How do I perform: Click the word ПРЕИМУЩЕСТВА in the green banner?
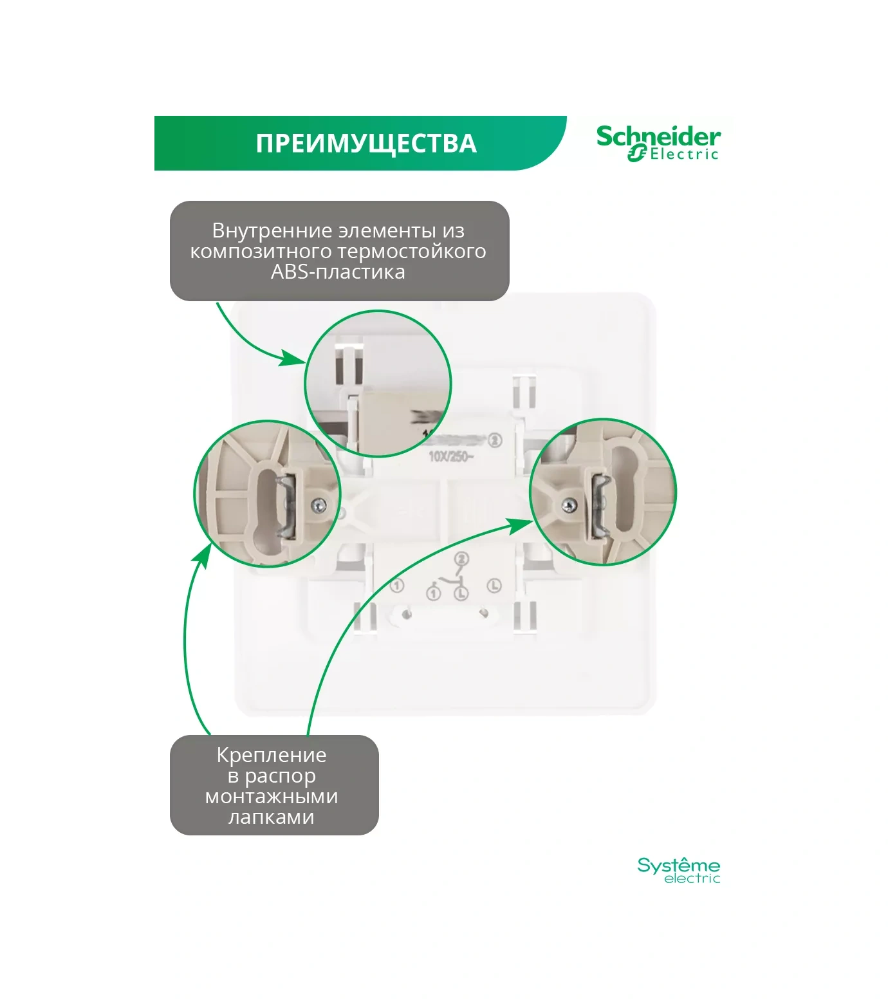tap(366, 144)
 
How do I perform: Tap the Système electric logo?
tap(678, 870)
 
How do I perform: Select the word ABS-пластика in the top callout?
tap(338, 272)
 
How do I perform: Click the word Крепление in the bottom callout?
tap(272, 755)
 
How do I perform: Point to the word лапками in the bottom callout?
tap(272, 817)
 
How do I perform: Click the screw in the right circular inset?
tap(569, 506)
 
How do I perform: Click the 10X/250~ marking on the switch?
tap(451, 457)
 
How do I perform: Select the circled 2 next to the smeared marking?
tap(495, 440)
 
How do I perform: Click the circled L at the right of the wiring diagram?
tap(494, 586)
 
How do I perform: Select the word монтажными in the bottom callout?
tap(272, 796)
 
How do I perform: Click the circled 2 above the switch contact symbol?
tap(461, 559)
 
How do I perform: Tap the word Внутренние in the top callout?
tap(259, 230)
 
